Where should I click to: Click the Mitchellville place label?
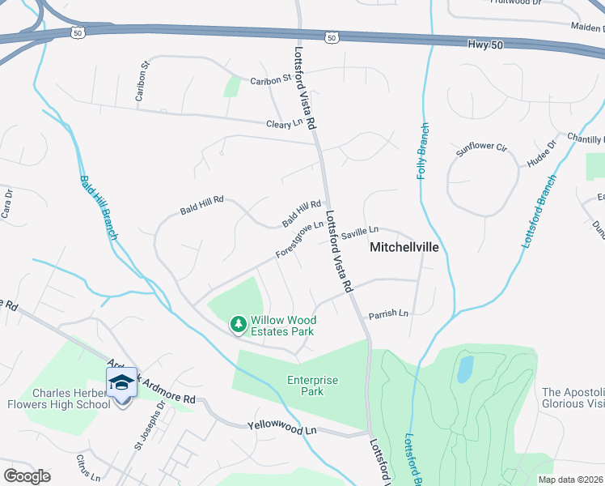404,248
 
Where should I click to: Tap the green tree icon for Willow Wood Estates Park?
238,324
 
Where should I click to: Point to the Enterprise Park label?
311,386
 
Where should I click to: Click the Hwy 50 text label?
485,45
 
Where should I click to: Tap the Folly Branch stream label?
422,151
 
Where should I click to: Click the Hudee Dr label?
541,154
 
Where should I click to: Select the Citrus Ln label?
88,469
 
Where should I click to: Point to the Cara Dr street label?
7,204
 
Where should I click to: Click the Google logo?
27,475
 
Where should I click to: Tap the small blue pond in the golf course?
464,369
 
